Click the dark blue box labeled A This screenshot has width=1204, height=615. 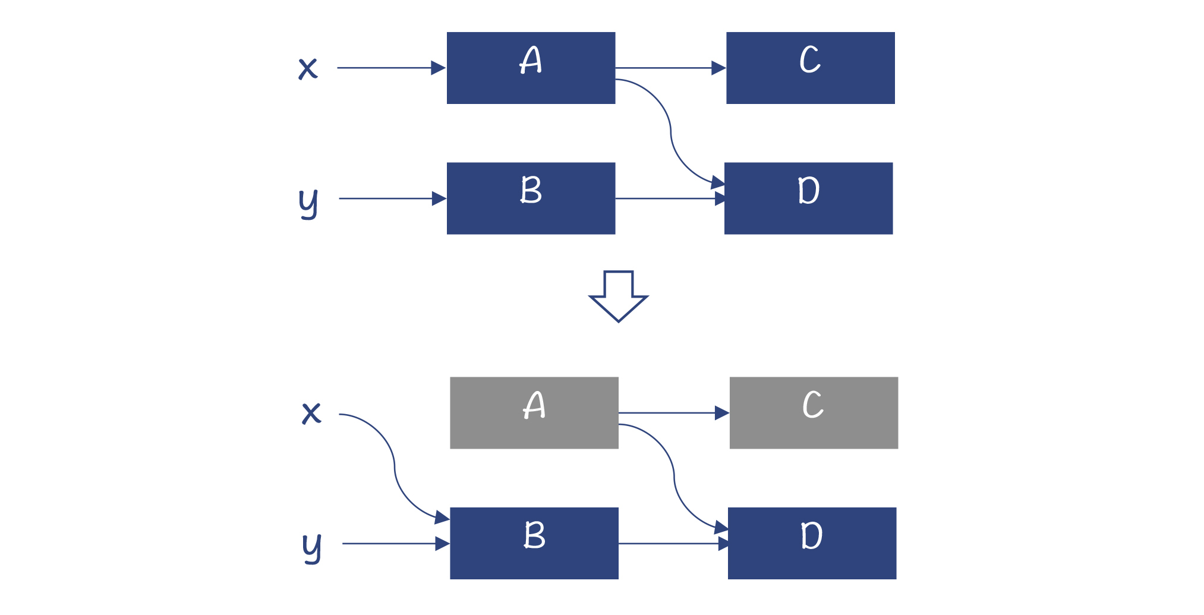coord(531,68)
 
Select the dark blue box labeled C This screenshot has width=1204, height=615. coord(810,68)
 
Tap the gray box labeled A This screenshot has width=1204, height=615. coord(534,412)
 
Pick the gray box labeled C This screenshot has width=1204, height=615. coord(814,412)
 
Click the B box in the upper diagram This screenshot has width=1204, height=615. coord(531,198)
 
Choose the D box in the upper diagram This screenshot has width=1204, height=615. coord(808,198)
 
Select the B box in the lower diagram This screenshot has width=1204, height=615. coord(534,543)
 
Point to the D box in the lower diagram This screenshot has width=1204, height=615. coord(812,543)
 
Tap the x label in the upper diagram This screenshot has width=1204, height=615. coord(308,68)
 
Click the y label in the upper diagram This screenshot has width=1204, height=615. coord(308,202)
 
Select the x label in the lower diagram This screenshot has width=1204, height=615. coord(311,413)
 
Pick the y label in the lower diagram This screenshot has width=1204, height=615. coord(312,547)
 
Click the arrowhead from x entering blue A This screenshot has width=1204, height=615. coord(439,68)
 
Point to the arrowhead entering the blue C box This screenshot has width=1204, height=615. coord(718,68)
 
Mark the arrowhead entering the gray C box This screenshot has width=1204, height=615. coord(722,412)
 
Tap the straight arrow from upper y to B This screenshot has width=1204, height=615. coord(386,198)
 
